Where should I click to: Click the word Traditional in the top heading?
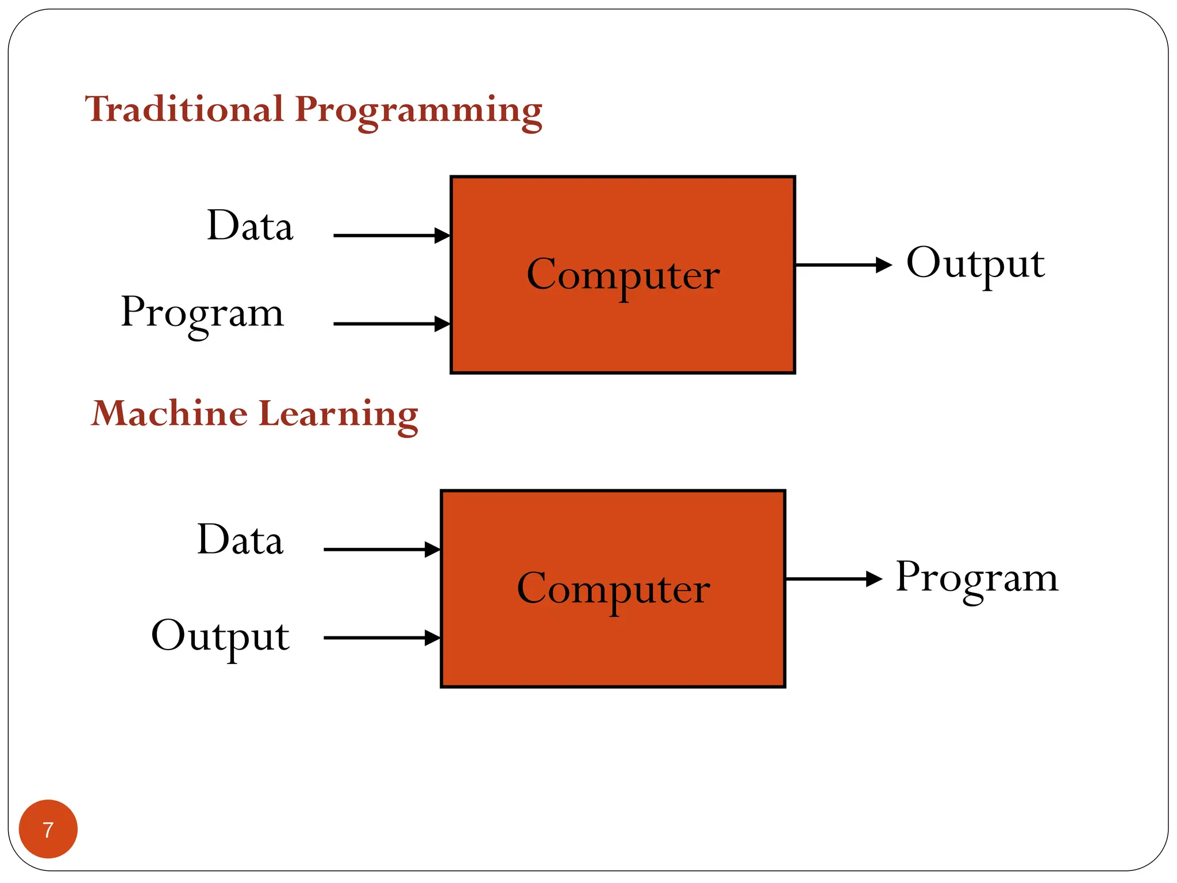click(184, 109)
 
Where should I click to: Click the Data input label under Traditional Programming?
click(250, 225)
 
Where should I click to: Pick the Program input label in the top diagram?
click(202, 313)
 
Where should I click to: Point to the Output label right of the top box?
click(975, 264)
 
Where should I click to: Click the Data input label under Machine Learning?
click(240, 540)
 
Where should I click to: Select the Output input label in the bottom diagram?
click(220, 636)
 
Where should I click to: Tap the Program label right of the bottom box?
click(976, 578)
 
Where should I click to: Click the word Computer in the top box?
click(623, 275)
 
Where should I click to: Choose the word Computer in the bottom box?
click(613, 589)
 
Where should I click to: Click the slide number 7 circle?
click(48, 829)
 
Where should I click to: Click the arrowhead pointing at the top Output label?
click(883, 265)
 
